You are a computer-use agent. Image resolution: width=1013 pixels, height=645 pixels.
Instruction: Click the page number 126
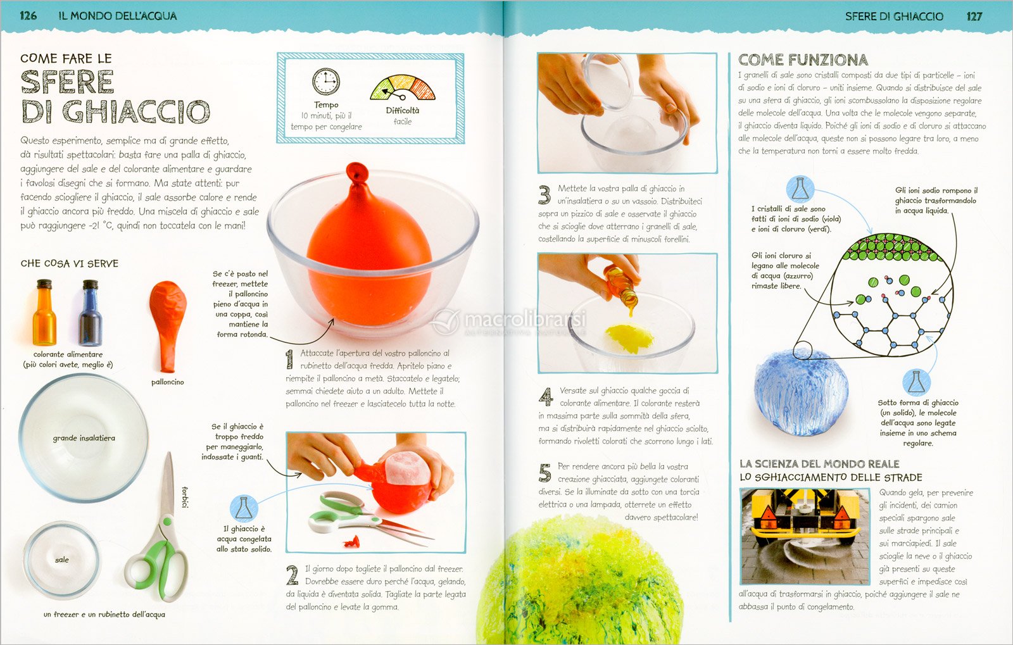pos(28,16)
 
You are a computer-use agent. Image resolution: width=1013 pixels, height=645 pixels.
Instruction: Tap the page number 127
pos(974,16)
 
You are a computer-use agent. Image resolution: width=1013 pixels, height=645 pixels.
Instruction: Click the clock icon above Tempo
pos(325,82)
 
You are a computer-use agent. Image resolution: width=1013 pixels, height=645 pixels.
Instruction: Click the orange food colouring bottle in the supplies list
pos(44,312)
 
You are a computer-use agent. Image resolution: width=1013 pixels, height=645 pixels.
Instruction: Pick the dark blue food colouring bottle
pos(91,312)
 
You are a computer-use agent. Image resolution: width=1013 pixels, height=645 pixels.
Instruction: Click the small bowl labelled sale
pos(62,560)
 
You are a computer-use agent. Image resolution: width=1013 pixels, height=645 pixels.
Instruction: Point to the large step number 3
pos(544,195)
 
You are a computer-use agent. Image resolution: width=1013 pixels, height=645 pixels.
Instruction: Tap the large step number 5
pos(545,473)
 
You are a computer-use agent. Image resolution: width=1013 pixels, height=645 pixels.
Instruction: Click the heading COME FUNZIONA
pos(803,59)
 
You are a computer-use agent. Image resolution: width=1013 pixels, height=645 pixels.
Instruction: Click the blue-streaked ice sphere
pos(801,392)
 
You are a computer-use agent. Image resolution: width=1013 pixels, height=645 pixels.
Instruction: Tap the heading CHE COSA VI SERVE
pos(69,263)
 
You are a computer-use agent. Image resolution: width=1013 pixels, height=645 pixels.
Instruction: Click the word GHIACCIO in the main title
pos(136,111)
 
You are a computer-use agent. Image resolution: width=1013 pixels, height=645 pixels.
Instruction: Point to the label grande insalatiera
pos(84,438)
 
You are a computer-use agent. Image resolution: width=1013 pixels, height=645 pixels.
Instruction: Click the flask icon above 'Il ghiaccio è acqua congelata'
pos(244,508)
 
